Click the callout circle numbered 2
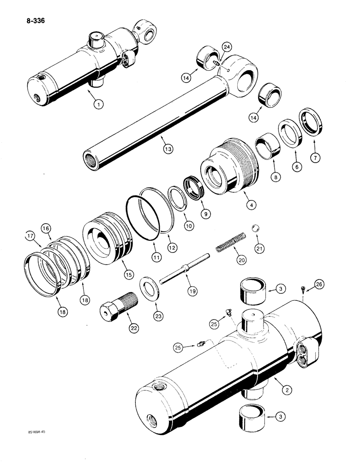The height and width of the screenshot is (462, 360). pyautogui.click(x=288, y=391)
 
